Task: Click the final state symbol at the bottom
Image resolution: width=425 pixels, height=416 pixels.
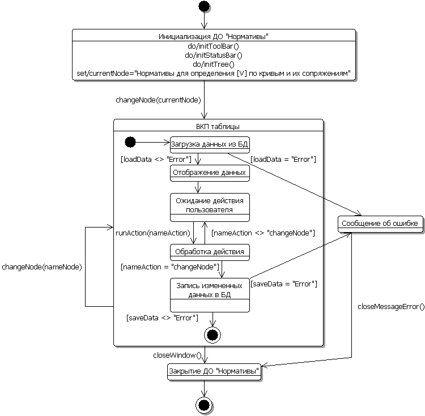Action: pyautogui.click(x=204, y=404)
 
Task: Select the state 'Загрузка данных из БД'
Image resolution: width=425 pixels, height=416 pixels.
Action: pyautogui.click(x=210, y=144)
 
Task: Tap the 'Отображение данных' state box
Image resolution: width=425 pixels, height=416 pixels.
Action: pyautogui.click(x=210, y=173)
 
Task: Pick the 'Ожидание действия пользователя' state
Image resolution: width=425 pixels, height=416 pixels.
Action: pyautogui.click(x=210, y=207)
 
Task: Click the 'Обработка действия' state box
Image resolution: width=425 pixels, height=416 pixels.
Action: pyautogui.click(x=210, y=251)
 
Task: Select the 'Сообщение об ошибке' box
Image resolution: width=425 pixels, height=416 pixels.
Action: pyautogui.click(x=381, y=224)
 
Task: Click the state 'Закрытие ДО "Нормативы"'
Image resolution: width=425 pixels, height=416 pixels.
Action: pyautogui.click(x=214, y=371)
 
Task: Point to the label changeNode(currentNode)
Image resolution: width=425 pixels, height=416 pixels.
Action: pyautogui.click(x=158, y=100)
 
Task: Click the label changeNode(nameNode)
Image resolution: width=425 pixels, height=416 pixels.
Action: pyautogui.click(x=42, y=267)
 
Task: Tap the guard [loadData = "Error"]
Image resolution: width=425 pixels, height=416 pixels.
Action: pyautogui.click(x=283, y=159)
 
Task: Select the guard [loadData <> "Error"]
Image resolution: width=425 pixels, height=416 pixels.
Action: pyautogui.click(x=156, y=159)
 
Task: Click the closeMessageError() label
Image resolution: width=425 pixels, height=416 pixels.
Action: pyautogui.click(x=391, y=307)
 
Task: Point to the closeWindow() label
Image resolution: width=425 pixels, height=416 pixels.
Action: pyautogui.click(x=177, y=355)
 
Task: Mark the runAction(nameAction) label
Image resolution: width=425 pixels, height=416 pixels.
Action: pyautogui.click(x=152, y=232)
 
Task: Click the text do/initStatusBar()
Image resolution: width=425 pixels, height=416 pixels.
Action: pyautogui.click(x=213, y=55)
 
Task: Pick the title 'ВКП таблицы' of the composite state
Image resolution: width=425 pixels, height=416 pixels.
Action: pyautogui.click(x=218, y=126)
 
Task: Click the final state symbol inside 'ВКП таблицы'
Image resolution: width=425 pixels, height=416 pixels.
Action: pyautogui.click(x=212, y=335)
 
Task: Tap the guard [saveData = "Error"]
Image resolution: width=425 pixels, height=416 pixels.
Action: pyautogui.click(x=284, y=283)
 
